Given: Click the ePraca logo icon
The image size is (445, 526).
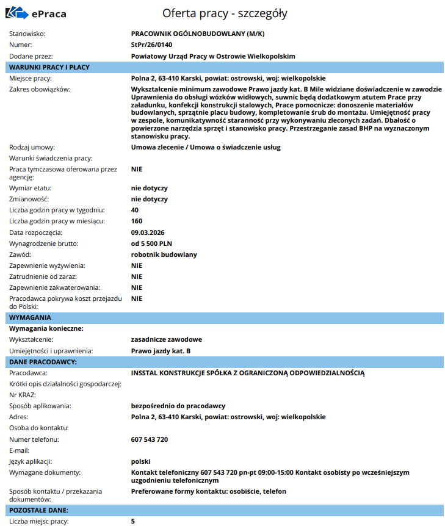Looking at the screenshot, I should pos(18,12).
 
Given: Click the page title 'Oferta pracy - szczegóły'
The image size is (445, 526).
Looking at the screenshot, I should pos(225,13).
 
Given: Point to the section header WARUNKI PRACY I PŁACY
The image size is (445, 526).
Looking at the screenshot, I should pos(49,67).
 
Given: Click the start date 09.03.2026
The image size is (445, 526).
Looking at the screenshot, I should pos(148,232).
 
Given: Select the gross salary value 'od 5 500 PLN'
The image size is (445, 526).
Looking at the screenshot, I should pos(151,243).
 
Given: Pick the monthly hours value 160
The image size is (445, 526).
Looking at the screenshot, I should pos(137,221).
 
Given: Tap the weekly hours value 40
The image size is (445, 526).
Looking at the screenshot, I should pos(135,210).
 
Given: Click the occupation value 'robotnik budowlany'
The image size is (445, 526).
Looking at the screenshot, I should pos(164,254).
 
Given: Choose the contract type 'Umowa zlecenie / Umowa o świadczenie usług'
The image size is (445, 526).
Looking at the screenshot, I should pos(206,147).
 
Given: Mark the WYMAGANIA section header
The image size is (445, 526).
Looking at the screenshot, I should pos(31,317).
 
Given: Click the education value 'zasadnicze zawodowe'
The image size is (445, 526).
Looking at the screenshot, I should pos(167,339).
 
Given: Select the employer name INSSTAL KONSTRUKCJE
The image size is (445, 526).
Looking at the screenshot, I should pos(247,372).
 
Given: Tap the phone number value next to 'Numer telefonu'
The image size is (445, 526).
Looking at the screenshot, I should pos(150,439).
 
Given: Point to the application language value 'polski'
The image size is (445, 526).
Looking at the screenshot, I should pos(140,461).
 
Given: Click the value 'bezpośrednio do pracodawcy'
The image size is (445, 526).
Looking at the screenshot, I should pos(178,406).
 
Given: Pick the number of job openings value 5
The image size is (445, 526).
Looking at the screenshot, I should pos(133,521).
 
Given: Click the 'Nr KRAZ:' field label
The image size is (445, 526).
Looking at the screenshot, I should pos(23,395).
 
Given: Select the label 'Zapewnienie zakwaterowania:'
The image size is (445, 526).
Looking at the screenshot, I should pos(56,287).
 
